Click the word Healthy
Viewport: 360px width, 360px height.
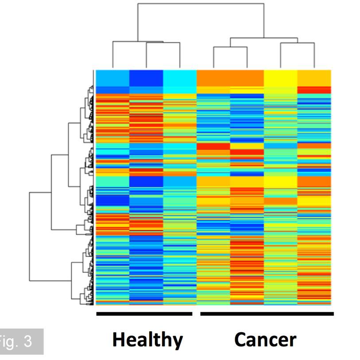[147, 340]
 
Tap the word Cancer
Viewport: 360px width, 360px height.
[265, 340]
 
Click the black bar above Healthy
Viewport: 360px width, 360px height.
[144, 314]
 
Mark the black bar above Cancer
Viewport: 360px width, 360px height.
[267, 314]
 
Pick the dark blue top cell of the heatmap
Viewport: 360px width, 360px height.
[146, 77]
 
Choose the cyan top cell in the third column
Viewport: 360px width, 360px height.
[180, 78]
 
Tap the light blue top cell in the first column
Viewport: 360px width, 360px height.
[112, 77]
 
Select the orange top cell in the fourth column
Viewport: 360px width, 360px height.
[213, 78]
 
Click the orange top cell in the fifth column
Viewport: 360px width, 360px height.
[247, 78]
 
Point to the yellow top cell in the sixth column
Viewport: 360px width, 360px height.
[280, 78]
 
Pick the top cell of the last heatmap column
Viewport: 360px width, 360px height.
[314, 77]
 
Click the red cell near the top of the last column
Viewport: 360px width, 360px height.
[314, 90]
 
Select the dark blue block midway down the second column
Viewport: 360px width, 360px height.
[146, 182]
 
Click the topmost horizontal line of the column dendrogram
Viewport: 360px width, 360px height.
[201, 4]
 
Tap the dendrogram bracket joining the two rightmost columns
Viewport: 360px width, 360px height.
[297, 43]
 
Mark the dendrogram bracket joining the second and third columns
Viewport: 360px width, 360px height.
[163, 43]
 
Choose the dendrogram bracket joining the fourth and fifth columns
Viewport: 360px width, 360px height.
[230, 47]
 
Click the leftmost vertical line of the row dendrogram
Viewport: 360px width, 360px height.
[30, 236]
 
